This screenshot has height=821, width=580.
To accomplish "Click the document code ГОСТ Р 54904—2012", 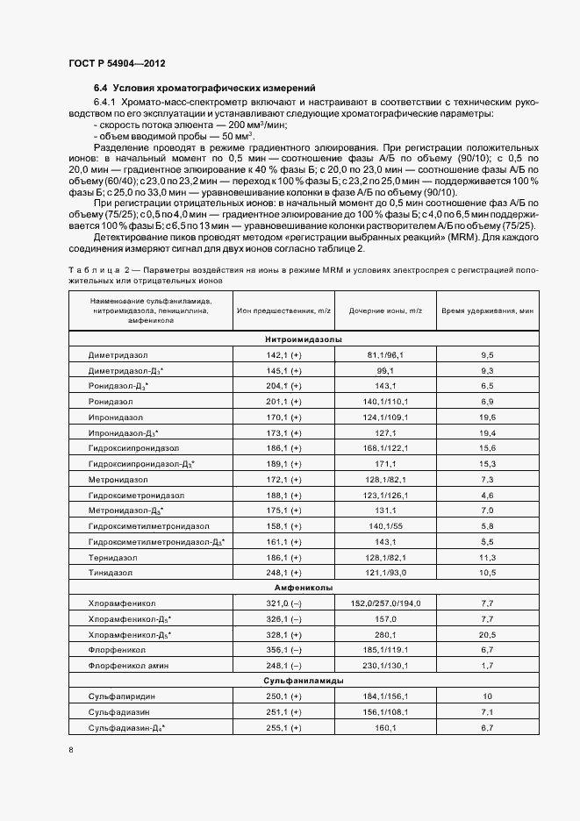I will point(116,64).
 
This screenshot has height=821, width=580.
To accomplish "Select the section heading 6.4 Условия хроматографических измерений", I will point(204,89).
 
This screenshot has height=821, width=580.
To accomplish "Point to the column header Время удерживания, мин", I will point(487,311).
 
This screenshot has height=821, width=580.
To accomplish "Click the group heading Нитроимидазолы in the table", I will point(303,339).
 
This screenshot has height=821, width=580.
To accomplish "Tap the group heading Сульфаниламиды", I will point(303,681).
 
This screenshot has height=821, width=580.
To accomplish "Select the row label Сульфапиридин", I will point(119,696).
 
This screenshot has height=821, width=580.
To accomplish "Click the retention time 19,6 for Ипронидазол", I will point(488,417).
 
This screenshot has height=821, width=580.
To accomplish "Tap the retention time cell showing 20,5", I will point(488,634).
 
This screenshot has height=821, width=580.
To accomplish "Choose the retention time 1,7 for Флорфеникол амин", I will point(488,666).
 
